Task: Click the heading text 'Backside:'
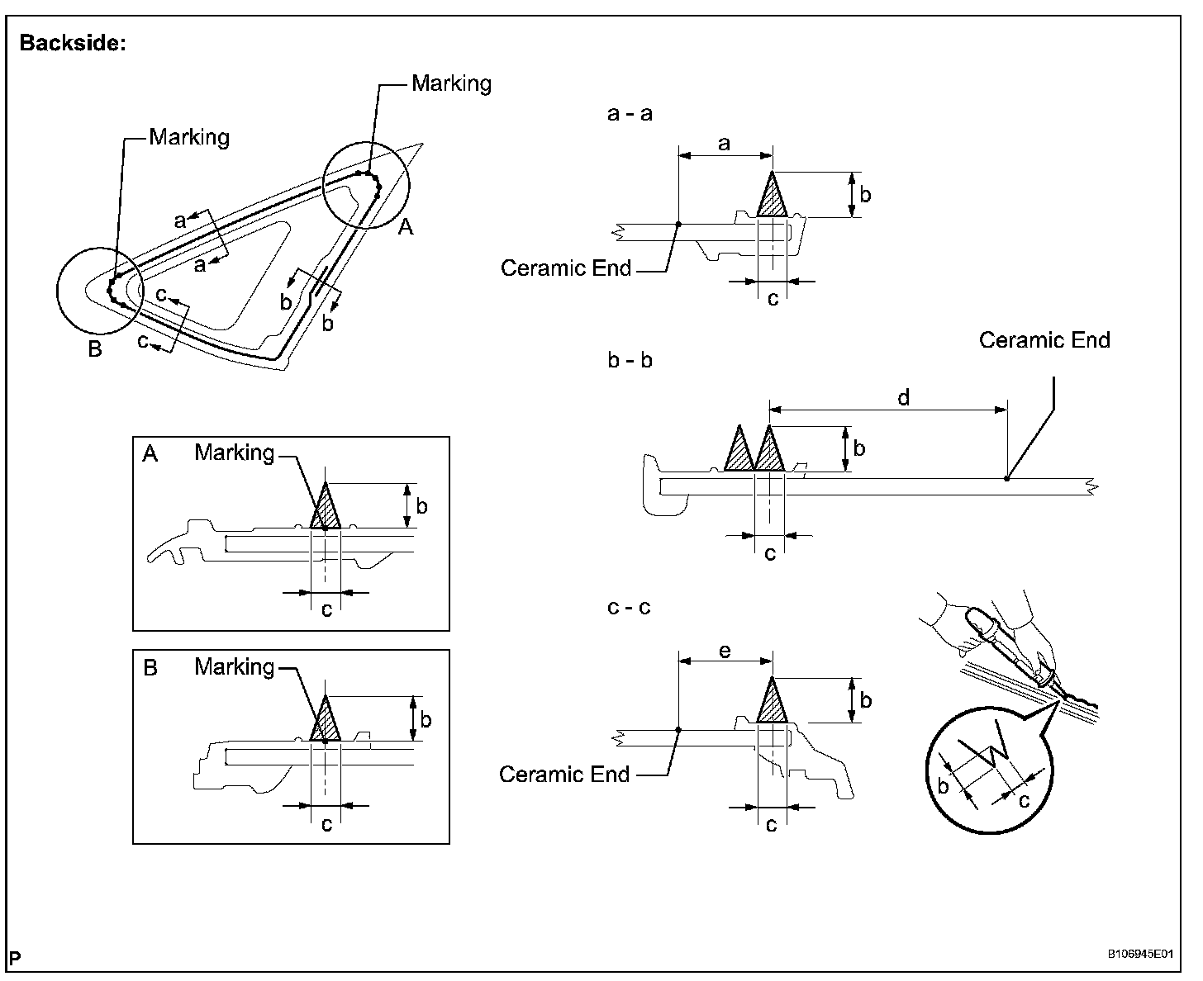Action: [x=73, y=43]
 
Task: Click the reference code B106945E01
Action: [x=1140, y=954]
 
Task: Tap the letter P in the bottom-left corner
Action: [x=16, y=958]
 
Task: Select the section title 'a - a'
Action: [x=630, y=114]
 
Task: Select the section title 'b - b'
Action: [x=630, y=361]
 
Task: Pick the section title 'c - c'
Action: [x=629, y=608]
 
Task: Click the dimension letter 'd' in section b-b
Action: [x=903, y=398]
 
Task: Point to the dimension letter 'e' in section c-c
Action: [x=725, y=651]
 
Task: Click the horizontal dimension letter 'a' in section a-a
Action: [x=725, y=144]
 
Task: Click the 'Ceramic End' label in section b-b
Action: [x=1044, y=340]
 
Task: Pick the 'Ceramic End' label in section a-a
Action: [x=566, y=268]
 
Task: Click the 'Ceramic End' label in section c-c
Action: [x=564, y=774]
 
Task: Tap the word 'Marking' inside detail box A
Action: [x=235, y=453]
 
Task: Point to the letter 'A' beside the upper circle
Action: [x=406, y=226]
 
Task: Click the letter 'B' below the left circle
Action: [x=95, y=349]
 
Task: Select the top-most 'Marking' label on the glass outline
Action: [x=451, y=83]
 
